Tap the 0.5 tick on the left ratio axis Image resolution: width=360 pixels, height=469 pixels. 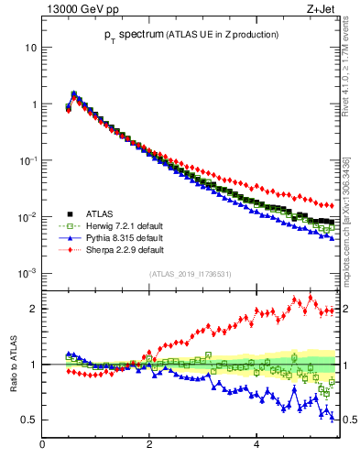tap(28, 420)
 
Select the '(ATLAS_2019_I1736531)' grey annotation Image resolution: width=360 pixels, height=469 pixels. tap(189, 273)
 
